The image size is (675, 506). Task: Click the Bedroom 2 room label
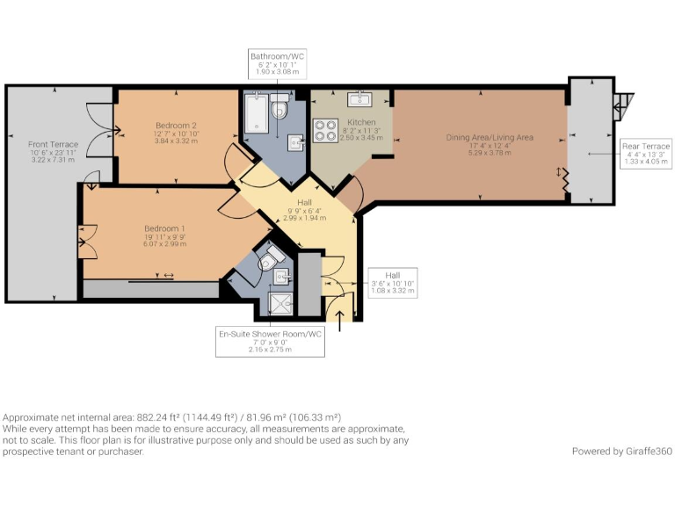tap(176, 126)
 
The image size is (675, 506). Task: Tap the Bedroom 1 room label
tap(164, 228)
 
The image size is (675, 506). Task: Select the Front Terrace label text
tap(54, 145)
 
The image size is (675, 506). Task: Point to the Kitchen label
tap(361, 122)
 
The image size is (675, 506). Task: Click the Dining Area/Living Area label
tap(490, 138)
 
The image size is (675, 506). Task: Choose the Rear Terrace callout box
tap(646, 154)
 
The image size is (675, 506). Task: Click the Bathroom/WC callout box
tap(277, 63)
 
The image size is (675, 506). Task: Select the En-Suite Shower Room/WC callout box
tap(270, 342)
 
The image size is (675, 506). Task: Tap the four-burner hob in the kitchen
tap(325, 131)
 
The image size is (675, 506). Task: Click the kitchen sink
tap(359, 99)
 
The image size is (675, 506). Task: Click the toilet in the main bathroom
tap(279, 105)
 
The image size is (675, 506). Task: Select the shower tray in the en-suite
tap(280, 303)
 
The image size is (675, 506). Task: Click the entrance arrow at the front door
tap(339, 321)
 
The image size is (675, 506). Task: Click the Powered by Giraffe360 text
tap(622, 452)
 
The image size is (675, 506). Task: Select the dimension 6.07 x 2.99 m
tap(165, 244)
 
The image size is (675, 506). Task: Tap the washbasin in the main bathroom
tap(295, 143)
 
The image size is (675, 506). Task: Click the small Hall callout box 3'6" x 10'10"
tap(393, 283)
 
